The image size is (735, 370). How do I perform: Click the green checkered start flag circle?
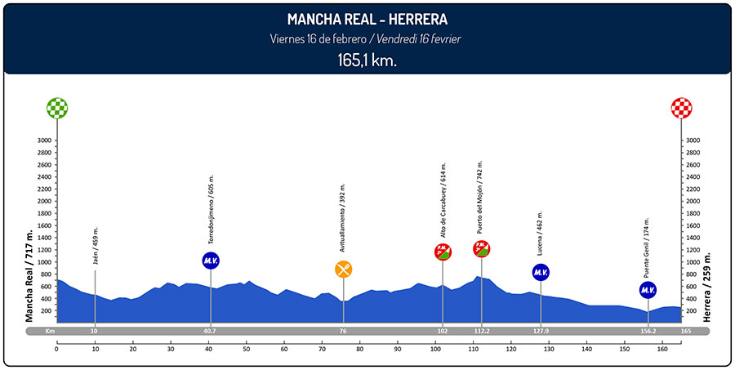(57, 108)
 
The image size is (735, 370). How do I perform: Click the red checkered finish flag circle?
(681, 108)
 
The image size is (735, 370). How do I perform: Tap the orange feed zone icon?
(344, 269)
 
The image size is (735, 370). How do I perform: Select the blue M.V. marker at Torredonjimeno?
(211, 261)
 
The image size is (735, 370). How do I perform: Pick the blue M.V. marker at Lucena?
(540, 272)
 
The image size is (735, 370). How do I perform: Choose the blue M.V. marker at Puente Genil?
(648, 290)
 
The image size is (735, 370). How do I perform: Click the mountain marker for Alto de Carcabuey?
(443, 252)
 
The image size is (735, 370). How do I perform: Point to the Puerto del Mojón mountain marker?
(481, 248)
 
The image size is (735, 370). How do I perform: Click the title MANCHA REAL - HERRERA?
(367, 19)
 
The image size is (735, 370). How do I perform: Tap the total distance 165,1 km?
(367, 60)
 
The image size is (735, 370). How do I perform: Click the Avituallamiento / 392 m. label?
(343, 218)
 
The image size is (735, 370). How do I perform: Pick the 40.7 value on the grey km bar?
(211, 332)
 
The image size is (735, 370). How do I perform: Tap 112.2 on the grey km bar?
(481, 332)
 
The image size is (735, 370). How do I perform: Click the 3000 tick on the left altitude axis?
(44, 140)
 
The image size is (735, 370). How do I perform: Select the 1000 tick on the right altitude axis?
(693, 262)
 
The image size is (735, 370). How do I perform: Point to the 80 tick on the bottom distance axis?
(359, 350)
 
